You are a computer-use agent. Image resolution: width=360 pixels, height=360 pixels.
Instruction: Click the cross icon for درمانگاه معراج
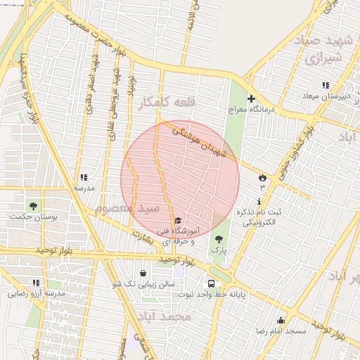pyautogui.click(x=251, y=99)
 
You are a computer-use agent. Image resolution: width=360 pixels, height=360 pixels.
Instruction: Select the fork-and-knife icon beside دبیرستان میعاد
pyautogui.click(x=325, y=85)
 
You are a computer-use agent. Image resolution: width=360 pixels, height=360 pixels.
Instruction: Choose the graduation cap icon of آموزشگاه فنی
pyautogui.click(x=176, y=221)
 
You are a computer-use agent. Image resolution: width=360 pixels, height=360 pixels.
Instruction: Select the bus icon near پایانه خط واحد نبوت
pyautogui.click(x=212, y=283)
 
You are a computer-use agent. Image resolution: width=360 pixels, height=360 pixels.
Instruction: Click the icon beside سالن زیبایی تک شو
pyautogui.click(x=143, y=273)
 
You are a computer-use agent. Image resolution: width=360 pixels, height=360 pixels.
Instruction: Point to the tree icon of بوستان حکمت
pyautogui.click(x=33, y=205)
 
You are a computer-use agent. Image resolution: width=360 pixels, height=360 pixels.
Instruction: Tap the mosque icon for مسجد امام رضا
pyautogui.click(x=281, y=321)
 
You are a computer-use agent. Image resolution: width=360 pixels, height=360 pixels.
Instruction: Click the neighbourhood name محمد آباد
pyautogui.click(x=166, y=317)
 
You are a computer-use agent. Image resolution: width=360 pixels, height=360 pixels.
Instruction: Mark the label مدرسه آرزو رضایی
pyautogui.click(x=37, y=293)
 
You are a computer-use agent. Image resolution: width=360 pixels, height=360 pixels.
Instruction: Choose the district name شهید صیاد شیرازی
pyautogui.click(x=328, y=49)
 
